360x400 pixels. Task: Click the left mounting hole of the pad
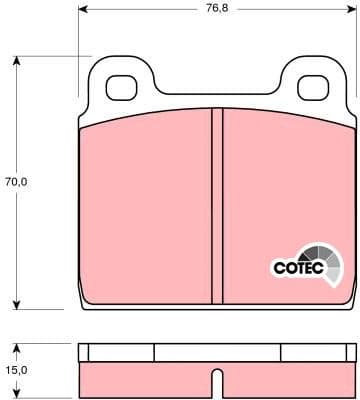click(x=125, y=88)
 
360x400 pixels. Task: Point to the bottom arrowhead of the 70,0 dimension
click(x=17, y=306)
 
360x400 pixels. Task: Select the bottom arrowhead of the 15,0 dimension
click(x=17, y=394)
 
